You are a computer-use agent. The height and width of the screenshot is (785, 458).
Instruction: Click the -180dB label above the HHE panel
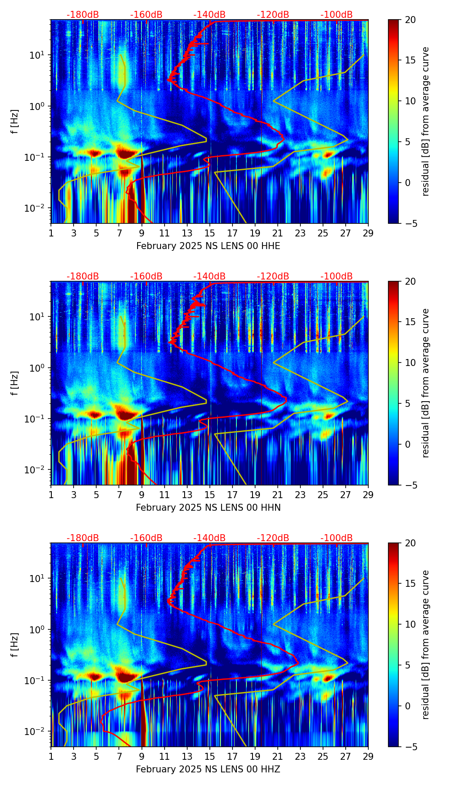(x=83, y=15)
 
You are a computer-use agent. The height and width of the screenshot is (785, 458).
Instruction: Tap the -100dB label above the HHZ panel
(x=337, y=538)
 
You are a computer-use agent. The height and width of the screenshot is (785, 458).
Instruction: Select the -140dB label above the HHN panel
(x=209, y=276)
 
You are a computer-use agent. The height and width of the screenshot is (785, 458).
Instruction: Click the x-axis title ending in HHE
(x=208, y=246)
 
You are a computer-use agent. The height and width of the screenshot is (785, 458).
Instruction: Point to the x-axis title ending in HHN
(x=208, y=508)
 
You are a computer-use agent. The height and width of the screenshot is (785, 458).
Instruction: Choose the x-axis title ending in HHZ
(x=208, y=769)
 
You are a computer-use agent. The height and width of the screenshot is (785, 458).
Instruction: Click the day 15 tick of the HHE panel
(x=210, y=233)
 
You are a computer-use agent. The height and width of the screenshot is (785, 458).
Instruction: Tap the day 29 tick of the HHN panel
(x=368, y=495)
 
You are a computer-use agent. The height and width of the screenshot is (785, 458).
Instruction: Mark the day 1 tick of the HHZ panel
(x=51, y=756)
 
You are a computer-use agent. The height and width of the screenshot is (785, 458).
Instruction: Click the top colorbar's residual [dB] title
(x=426, y=121)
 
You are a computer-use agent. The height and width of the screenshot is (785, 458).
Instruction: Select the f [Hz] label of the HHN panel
(x=15, y=383)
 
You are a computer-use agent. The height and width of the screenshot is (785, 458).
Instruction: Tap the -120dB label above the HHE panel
(x=273, y=15)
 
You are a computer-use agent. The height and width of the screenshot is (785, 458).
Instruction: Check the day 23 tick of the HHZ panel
(x=300, y=756)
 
